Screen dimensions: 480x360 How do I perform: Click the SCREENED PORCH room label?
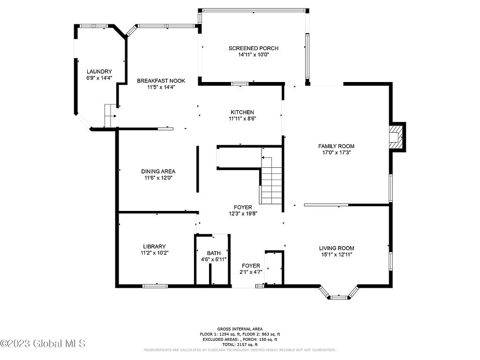(x=254, y=48)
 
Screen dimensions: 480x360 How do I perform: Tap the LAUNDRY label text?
(x=99, y=72)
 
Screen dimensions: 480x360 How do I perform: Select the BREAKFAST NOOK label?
(x=161, y=81)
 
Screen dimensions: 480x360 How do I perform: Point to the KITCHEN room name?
(x=242, y=112)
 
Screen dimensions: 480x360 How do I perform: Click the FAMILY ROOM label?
(x=336, y=146)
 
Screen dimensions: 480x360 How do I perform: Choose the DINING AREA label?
(x=158, y=172)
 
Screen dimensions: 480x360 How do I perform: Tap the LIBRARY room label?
(x=154, y=247)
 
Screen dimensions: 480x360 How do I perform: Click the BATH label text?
(x=214, y=253)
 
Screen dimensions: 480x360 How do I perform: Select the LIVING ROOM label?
(x=337, y=248)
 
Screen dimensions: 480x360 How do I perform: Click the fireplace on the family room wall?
(x=397, y=137)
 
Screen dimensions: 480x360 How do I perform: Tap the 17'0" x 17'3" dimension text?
(x=336, y=152)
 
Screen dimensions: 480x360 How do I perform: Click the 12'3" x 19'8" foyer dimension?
(x=243, y=214)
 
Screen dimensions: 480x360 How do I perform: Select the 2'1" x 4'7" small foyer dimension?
(x=251, y=272)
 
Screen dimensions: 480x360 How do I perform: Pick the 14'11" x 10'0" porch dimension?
(x=254, y=54)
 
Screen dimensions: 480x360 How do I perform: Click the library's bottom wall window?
(x=155, y=286)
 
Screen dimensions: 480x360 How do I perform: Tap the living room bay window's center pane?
(x=338, y=297)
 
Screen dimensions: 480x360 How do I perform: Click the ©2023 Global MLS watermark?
(x=43, y=344)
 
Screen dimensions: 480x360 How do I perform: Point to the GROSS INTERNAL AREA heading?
(x=240, y=329)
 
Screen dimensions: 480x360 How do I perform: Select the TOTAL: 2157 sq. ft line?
(x=240, y=345)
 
